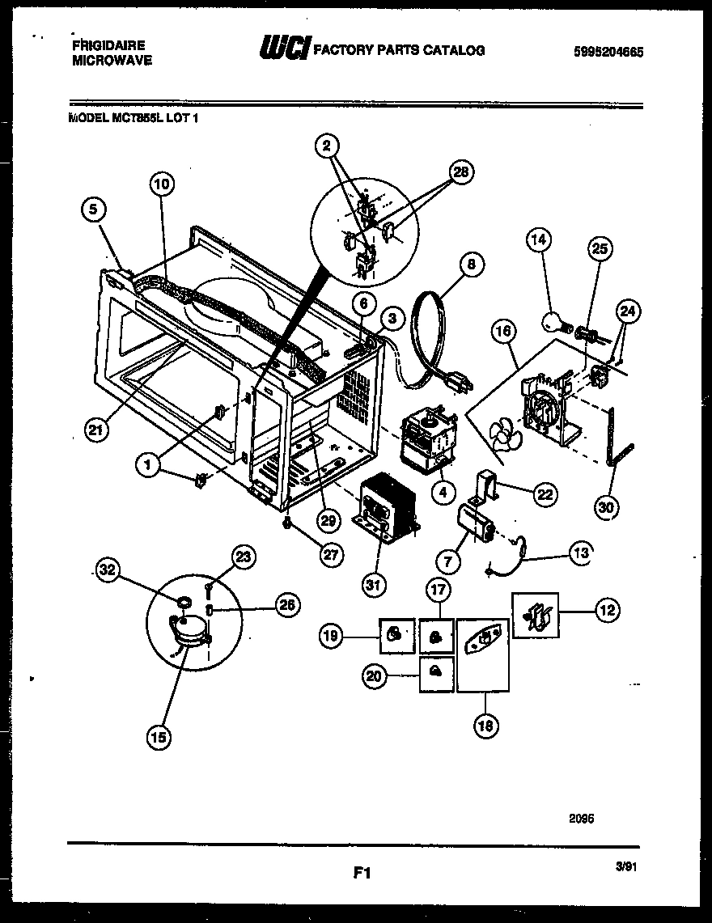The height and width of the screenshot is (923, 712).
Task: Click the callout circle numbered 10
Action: tap(162, 184)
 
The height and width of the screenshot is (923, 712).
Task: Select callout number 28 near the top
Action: tap(463, 172)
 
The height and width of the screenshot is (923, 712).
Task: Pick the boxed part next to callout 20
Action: tap(436, 673)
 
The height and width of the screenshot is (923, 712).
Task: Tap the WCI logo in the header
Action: tap(283, 50)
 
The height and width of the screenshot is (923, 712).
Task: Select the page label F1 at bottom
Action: tap(362, 873)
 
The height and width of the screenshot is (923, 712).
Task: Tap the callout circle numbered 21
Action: tap(96, 431)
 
